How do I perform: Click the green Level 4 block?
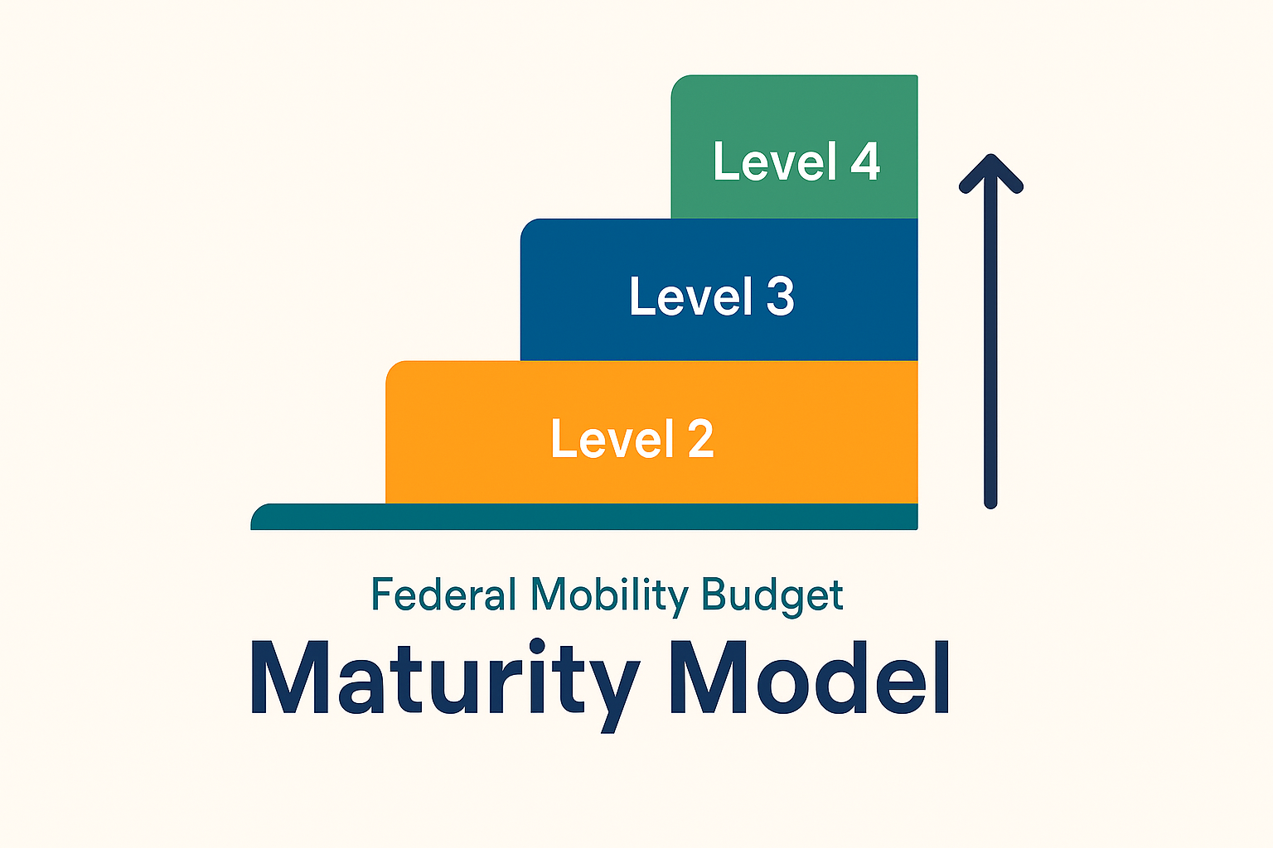(x=795, y=147)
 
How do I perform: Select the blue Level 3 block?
(x=719, y=290)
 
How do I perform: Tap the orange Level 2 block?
(x=652, y=431)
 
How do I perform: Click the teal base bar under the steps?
(x=584, y=516)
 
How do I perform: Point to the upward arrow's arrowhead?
(x=991, y=171)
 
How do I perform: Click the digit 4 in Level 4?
(x=865, y=161)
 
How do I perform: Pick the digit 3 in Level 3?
(x=780, y=296)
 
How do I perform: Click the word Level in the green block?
(x=775, y=161)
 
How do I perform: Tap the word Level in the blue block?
(x=691, y=296)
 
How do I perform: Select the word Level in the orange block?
(x=612, y=437)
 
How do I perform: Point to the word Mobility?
(x=609, y=596)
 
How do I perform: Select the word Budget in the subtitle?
(x=772, y=596)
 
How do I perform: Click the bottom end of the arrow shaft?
(x=990, y=503)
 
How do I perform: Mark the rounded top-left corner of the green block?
(x=678, y=81)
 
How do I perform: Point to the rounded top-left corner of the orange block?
(x=392, y=368)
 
